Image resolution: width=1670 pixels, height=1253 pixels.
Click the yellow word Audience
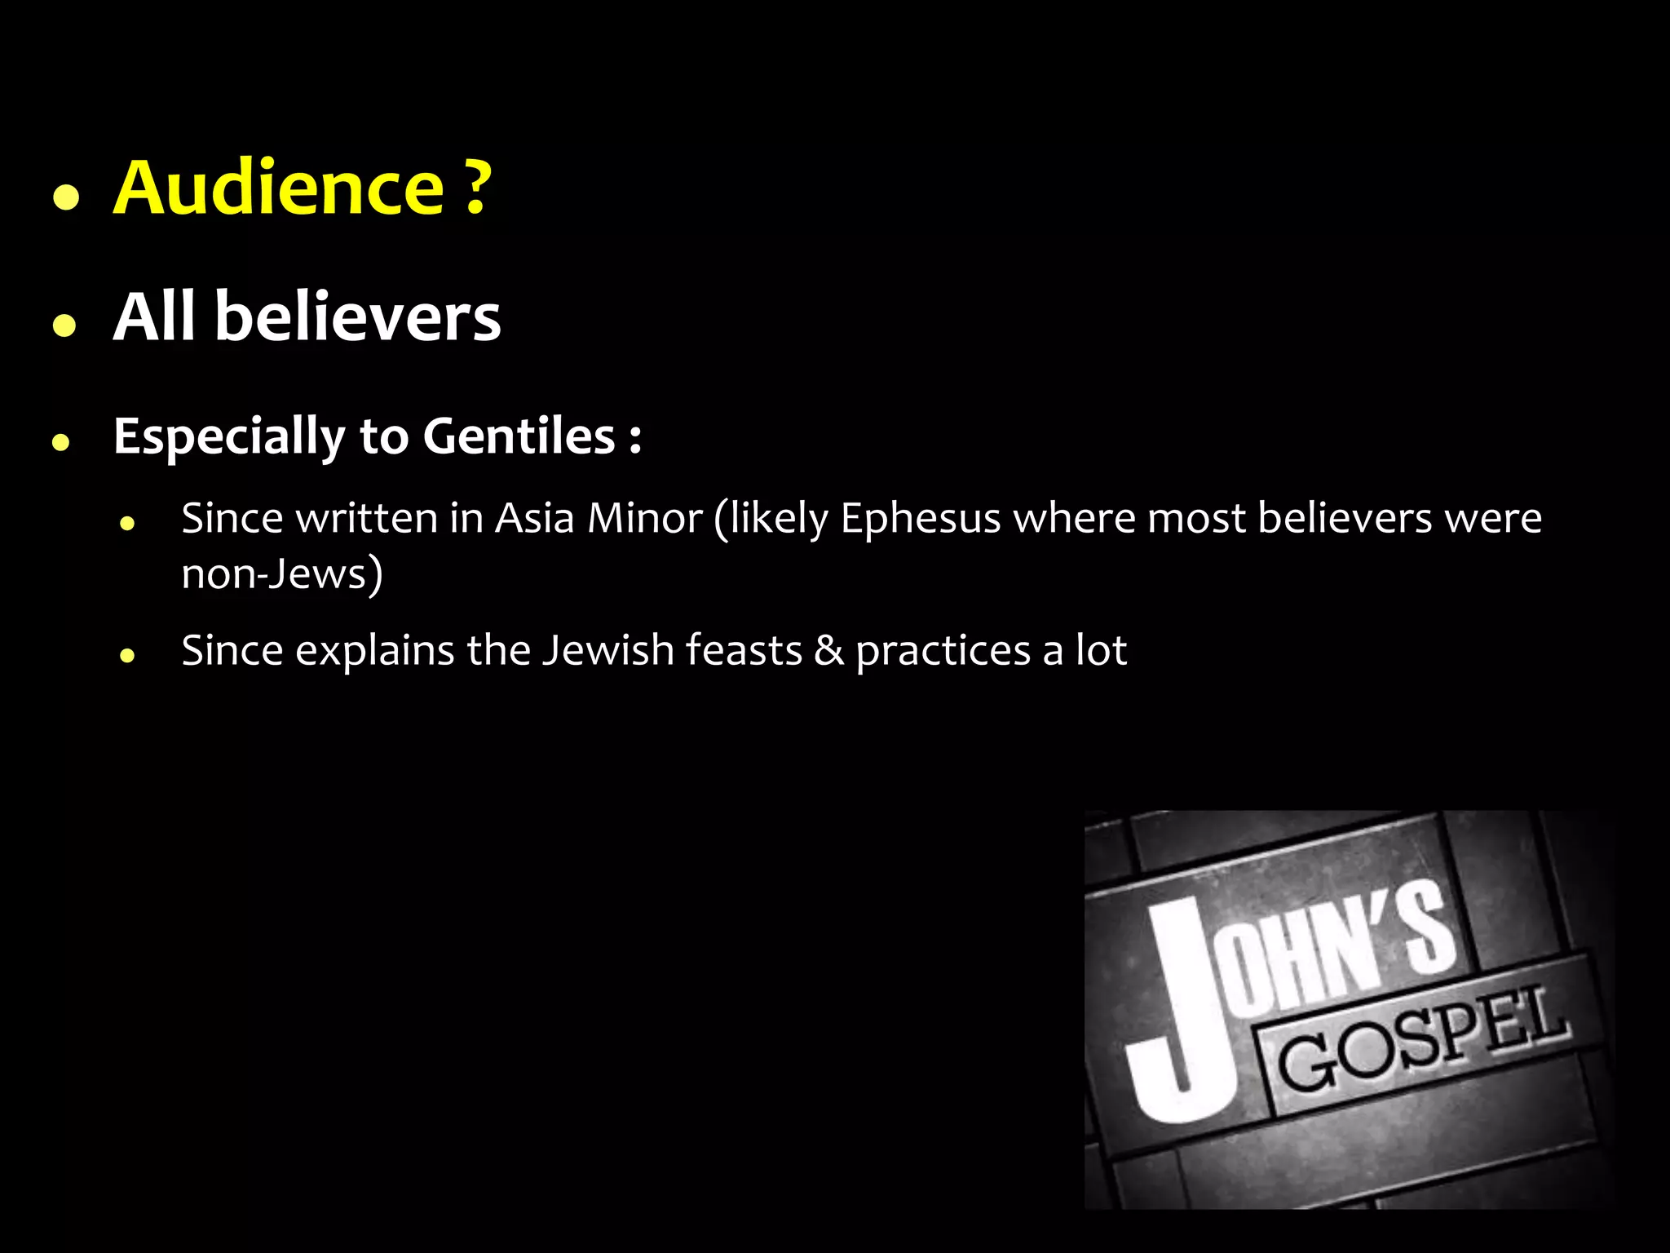[278, 188]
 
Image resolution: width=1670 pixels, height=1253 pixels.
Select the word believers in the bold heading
[357, 317]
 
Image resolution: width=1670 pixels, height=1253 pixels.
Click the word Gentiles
[519, 436]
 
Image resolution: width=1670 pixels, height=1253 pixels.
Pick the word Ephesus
[920, 519]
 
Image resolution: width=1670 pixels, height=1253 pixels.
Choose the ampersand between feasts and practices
[828, 651]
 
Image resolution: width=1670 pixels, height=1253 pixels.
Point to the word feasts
[744, 651]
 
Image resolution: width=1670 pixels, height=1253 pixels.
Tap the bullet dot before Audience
[65, 197]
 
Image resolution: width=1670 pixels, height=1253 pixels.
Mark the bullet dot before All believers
[64, 325]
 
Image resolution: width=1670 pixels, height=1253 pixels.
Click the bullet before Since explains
[126, 654]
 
